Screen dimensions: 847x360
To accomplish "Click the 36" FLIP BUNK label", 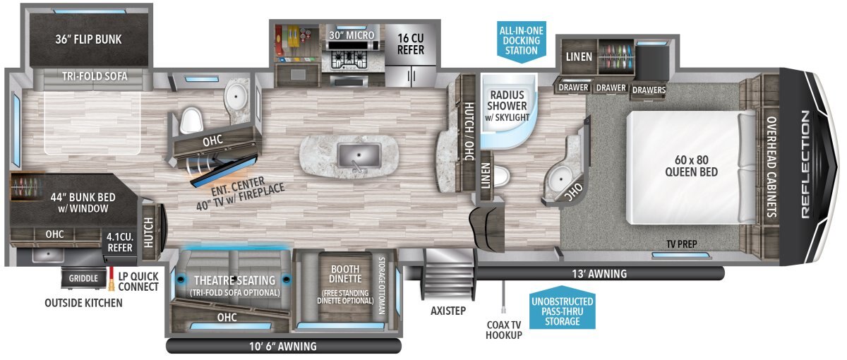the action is tap(88, 40).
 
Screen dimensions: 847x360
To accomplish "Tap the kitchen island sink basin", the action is tap(359, 155).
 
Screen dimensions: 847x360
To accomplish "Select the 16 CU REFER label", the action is tap(411, 44).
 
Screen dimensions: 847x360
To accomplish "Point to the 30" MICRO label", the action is tap(352, 35).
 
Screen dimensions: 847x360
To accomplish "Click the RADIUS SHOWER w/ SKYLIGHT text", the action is tap(507, 106).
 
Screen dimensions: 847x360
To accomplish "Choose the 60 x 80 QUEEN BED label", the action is tap(691, 166).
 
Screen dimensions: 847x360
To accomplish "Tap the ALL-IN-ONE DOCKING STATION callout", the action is tap(522, 40).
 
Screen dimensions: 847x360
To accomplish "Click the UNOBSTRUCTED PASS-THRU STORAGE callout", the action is tap(563, 311).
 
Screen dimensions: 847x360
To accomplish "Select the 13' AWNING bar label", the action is tap(599, 273).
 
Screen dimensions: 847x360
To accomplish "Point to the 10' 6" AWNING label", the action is tap(283, 346).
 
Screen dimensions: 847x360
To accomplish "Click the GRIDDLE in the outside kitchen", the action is tap(83, 278).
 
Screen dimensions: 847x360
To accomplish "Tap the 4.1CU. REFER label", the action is tap(120, 242).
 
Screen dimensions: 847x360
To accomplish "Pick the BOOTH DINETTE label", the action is tap(345, 274).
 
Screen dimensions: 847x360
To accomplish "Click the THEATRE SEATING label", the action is tap(234, 280).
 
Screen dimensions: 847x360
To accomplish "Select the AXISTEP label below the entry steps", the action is tap(448, 311).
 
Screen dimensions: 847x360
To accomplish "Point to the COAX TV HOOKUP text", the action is tap(504, 330).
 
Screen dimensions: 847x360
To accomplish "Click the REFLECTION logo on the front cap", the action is tap(805, 164).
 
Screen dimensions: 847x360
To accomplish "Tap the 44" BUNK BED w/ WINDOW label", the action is tap(83, 203).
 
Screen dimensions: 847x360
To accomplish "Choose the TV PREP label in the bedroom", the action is tap(681, 244).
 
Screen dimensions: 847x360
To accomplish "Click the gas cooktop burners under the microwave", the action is tap(349, 60).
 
